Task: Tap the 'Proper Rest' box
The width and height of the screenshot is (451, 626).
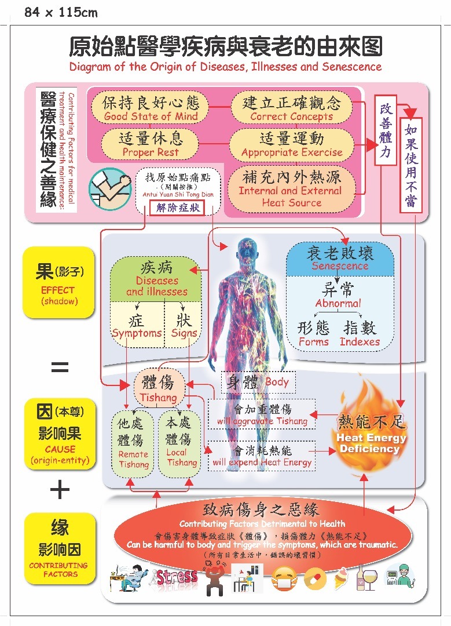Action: click(150, 144)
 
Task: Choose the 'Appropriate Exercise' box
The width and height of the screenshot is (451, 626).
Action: click(291, 144)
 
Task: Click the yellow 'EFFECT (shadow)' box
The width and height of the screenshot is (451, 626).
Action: click(58, 282)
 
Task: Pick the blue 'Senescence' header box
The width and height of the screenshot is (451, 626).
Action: click(340, 259)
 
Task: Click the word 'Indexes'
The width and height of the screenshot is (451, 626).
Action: click(360, 342)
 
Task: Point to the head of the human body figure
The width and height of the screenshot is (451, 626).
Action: click(248, 252)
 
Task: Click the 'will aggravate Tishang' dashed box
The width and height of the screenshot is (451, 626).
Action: click(262, 414)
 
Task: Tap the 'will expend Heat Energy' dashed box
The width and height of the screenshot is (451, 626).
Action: click(262, 456)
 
